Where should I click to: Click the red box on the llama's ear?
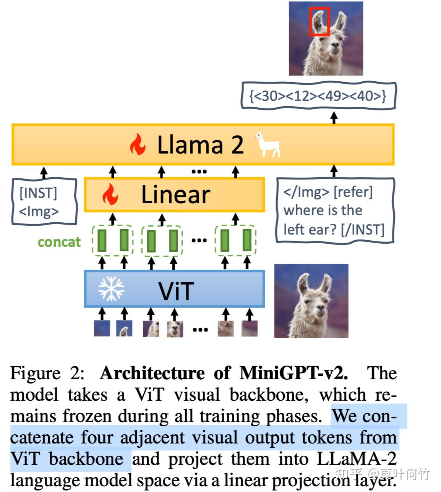coord(319,21)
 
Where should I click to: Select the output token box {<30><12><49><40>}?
coord(318,95)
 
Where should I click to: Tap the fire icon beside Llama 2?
coord(138,144)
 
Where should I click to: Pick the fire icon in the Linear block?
coord(110,194)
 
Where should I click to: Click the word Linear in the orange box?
coord(175,194)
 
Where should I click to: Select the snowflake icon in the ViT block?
coord(111,289)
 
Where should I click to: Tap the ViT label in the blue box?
coord(176,291)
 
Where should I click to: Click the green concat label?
coord(59,242)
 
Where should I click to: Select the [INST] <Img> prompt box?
coord(44,202)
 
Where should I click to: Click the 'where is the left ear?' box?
coord(334,210)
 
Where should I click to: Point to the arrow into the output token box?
coord(334,117)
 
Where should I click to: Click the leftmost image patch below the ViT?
coord(102,328)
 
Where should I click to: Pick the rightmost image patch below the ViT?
coord(250,328)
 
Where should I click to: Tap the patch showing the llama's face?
coord(175,329)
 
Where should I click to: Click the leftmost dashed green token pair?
coord(113,240)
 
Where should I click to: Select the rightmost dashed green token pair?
coord(236,240)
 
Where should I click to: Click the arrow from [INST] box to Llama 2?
coord(44,172)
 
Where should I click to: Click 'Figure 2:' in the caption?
coord(47,373)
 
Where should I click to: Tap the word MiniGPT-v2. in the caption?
coord(293,373)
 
